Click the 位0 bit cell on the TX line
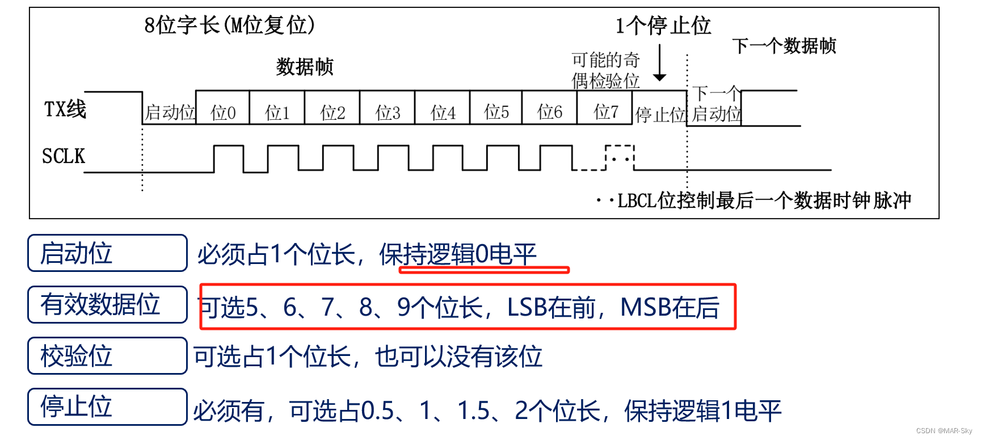(223, 112)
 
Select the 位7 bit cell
(605, 111)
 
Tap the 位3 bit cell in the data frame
(388, 112)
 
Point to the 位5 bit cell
(496, 111)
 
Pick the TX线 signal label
(65, 109)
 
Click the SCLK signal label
(64, 156)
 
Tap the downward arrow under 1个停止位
(659, 64)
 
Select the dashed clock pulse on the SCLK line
(620, 157)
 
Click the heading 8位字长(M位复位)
(230, 25)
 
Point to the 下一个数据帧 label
(784, 45)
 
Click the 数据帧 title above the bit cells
(305, 67)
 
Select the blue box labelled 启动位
(107, 253)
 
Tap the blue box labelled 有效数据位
(107, 304)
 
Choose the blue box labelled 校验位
(107, 356)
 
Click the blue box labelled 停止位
(107, 407)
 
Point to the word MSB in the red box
(645, 307)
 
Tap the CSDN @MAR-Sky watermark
(944, 431)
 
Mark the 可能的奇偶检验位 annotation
(605, 70)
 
